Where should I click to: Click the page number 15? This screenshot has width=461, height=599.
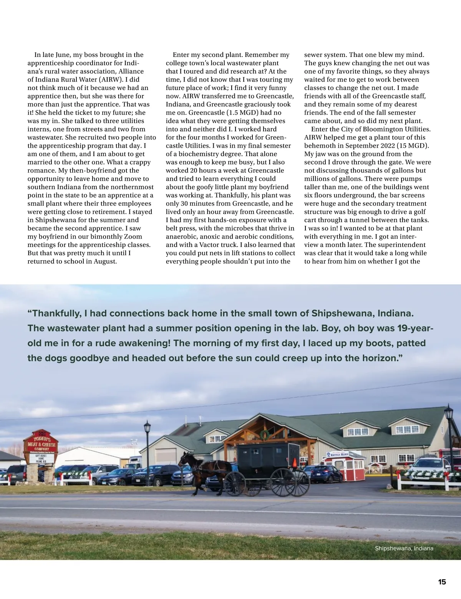pos(442,582)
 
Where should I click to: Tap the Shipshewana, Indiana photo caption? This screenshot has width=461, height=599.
pos(404,548)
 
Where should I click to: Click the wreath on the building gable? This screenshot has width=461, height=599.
pos(265,435)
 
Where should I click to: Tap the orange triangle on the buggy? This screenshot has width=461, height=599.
pos(295,462)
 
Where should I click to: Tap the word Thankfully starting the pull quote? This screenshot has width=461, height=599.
pos(54,313)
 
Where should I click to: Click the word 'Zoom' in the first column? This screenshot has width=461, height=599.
pos(133,236)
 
